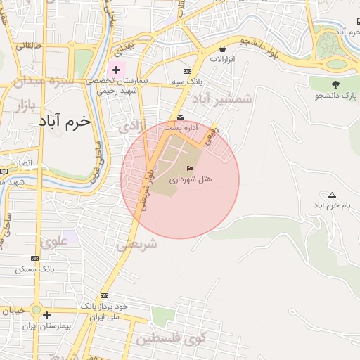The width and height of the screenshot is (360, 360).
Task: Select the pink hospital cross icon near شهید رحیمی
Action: tap(116, 70)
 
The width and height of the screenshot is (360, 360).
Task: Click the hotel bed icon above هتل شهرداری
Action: tap(191, 168)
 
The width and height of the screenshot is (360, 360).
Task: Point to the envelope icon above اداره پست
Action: tap(181, 117)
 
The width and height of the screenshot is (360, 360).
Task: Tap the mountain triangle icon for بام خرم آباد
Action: tap(332, 195)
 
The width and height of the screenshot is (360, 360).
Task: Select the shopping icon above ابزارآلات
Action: tap(223, 49)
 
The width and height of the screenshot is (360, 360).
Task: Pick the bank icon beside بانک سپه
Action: tap(187, 71)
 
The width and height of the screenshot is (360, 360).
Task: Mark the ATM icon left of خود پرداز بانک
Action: tap(105, 295)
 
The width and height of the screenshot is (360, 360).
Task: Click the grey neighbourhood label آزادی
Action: tap(131, 127)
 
